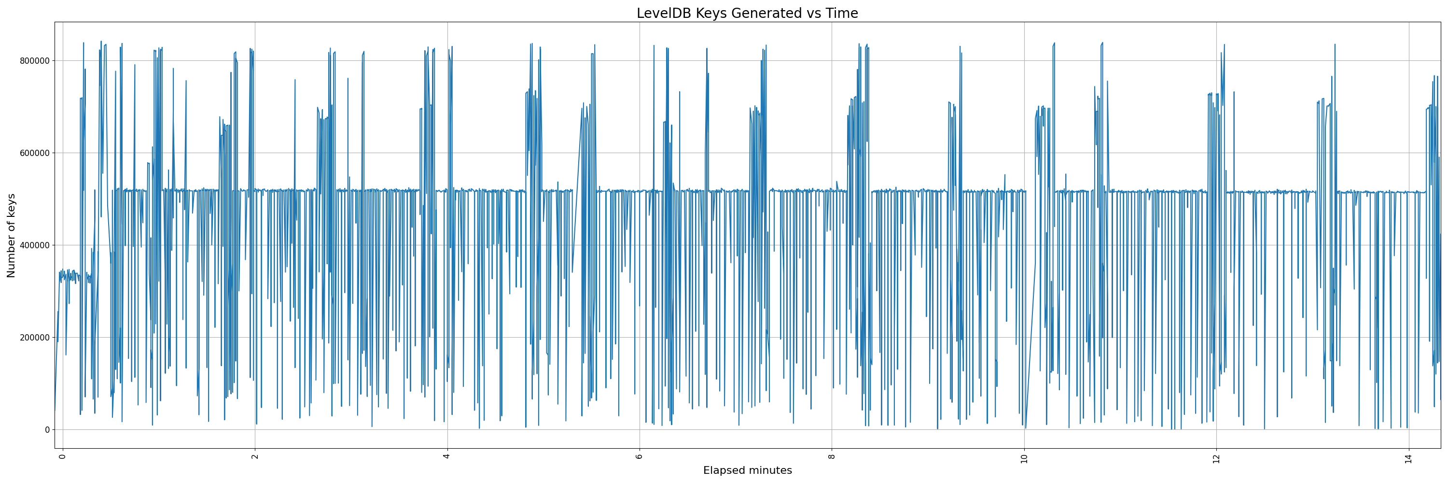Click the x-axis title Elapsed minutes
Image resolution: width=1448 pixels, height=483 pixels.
[747, 470]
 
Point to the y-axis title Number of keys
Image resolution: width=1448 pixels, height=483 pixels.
[11, 236]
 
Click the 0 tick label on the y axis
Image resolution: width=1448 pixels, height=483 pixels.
[47, 429]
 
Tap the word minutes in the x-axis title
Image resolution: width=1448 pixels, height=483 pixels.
[770, 470]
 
